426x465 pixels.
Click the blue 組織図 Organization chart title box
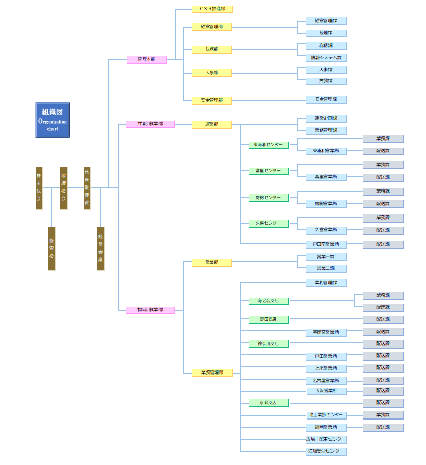[x=53, y=120]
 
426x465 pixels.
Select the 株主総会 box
[x=39, y=188]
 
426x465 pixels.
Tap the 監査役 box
[x=51, y=249]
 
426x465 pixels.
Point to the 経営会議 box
[x=100, y=249]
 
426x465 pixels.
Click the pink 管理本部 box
[x=147, y=60]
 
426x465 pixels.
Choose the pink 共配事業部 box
[x=151, y=124]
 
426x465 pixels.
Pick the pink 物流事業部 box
[x=151, y=310]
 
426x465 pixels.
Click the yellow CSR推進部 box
[x=212, y=9]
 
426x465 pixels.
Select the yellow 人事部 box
[x=212, y=73]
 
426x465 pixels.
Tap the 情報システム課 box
[x=326, y=58]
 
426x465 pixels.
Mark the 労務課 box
[x=326, y=81]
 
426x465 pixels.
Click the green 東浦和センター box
[x=268, y=145]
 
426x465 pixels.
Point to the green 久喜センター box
[x=268, y=223]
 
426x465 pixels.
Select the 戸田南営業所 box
[x=326, y=244]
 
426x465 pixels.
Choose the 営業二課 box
[x=326, y=268]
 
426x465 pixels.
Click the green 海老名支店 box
[x=268, y=301]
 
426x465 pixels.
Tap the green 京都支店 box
[x=268, y=403]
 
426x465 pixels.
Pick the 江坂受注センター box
[x=326, y=451]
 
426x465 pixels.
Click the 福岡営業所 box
[x=326, y=427]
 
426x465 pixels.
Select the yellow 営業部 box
[x=212, y=262]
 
